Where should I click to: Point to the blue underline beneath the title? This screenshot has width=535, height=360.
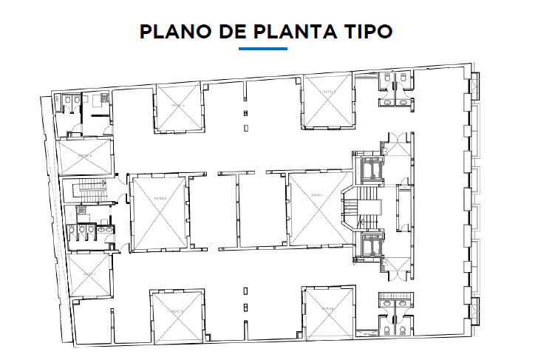pos(263,49)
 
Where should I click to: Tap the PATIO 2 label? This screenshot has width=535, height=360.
pos(159,199)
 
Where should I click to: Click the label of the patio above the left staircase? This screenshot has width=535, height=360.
pos(86,156)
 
